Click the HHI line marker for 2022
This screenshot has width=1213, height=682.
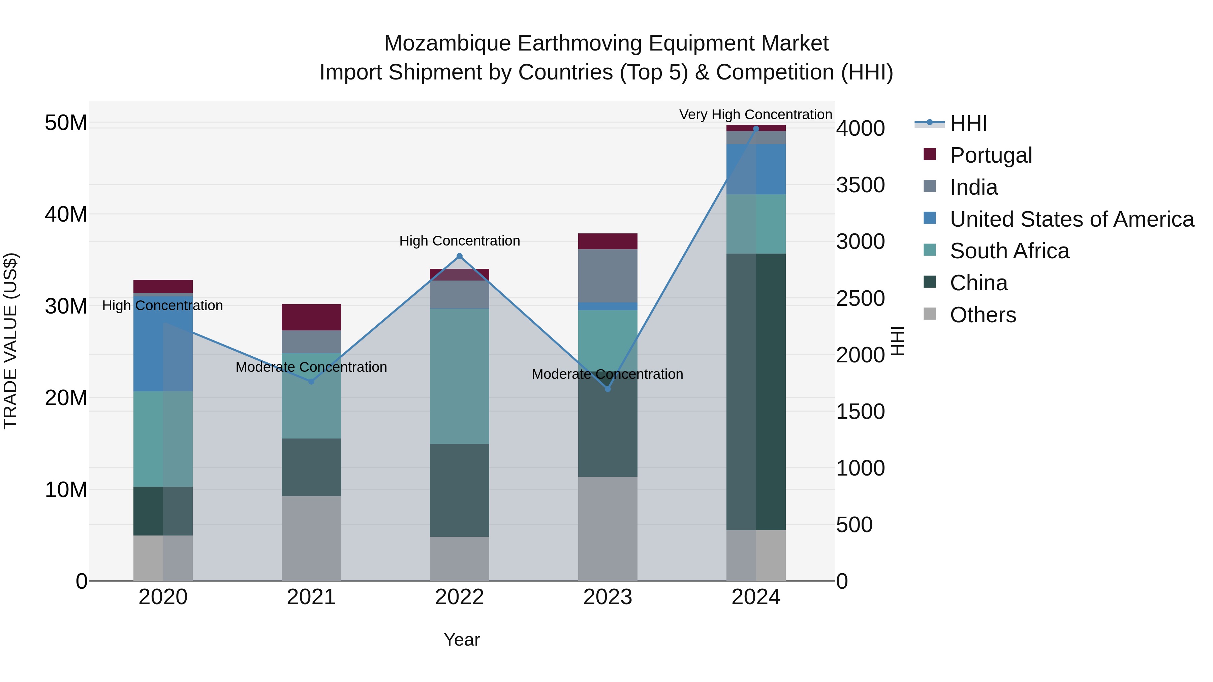[x=460, y=256]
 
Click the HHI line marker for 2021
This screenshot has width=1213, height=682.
[x=311, y=381]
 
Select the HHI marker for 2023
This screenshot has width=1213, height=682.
[x=608, y=389]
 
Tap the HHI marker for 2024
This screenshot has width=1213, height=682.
[x=756, y=129]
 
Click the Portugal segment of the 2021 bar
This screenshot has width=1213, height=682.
[x=311, y=317]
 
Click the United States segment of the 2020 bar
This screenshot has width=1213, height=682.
[x=163, y=344]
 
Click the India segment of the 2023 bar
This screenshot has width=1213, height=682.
[x=608, y=275]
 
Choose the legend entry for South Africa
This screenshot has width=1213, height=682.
[x=1009, y=251]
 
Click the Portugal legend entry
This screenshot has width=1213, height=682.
[x=991, y=155]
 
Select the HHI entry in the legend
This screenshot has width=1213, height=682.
[x=968, y=123]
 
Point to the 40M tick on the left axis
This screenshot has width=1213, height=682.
[x=66, y=214]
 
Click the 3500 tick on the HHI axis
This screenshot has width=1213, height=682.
[x=860, y=185]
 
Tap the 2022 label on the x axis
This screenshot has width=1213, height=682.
[x=460, y=597]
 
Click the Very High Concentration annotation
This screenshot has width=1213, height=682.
[x=755, y=115]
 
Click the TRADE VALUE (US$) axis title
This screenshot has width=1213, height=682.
[x=10, y=341]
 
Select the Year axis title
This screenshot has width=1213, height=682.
[x=462, y=640]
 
